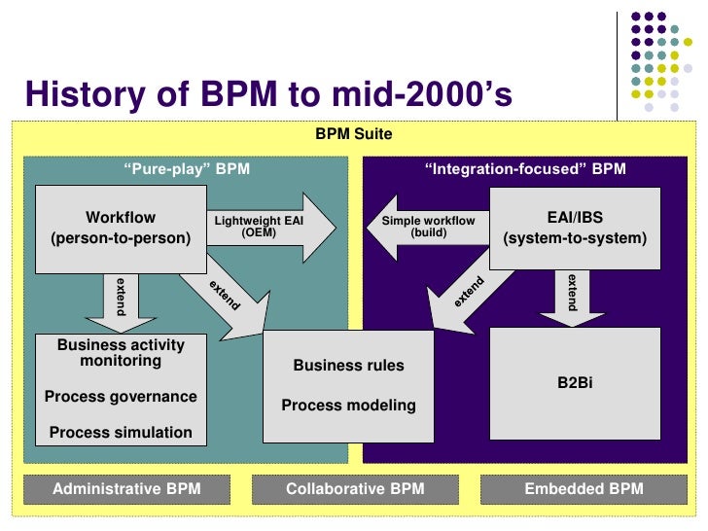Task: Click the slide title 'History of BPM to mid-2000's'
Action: (267, 94)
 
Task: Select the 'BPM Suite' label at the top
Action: (354, 133)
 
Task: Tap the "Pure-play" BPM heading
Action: (186, 168)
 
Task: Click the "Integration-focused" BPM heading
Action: (525, 168)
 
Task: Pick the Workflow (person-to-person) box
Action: (120, 228)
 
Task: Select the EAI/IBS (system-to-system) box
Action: (574, 228)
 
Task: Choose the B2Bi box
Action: (574, 383)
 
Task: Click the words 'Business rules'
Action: (348, 366)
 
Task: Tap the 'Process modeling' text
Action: (348, 405)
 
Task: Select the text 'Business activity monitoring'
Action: (121, 352)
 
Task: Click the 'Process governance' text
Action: (121, 396)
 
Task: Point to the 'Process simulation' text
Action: (121, 432)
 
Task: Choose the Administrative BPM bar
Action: (126, 489)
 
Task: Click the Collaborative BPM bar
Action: (355, 489)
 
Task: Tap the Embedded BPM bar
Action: (584, 489)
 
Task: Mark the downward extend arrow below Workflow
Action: (121, 301)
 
